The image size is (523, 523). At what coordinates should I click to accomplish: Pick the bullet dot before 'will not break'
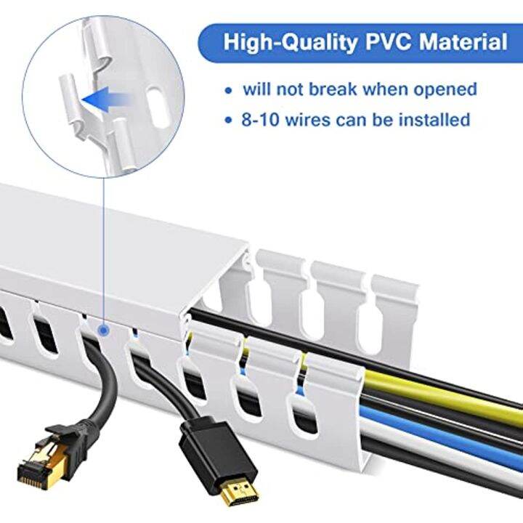230,91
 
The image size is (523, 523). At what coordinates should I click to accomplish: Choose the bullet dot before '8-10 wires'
230,120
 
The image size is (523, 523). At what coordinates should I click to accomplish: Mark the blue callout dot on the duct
105,331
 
